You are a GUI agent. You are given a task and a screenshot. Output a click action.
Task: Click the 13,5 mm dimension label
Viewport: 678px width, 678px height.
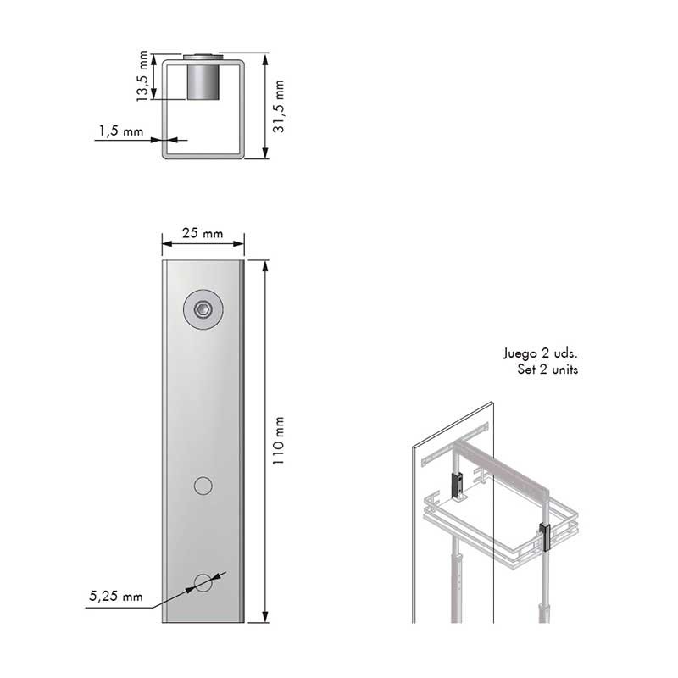[142, 76]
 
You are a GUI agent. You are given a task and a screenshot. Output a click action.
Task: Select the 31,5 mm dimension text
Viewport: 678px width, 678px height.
[279, 107]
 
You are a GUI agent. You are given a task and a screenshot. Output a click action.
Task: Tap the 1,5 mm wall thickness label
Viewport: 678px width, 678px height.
[121, 131]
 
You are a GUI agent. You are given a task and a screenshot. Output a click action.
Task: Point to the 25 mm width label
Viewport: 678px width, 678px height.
[203, 233]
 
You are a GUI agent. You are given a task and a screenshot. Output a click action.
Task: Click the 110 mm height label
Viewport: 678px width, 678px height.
[279, 441]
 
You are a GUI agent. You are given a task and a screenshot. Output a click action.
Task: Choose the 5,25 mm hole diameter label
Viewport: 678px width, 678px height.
[116, 597]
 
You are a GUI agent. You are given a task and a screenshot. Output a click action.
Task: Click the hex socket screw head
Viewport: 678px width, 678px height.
[203, 309]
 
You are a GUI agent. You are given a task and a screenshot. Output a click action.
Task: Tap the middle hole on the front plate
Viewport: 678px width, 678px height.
[203, 486]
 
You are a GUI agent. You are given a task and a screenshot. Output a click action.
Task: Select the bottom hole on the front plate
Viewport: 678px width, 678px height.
[203, 583]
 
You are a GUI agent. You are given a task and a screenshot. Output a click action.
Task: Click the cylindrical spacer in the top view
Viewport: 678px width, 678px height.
[203, 81]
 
